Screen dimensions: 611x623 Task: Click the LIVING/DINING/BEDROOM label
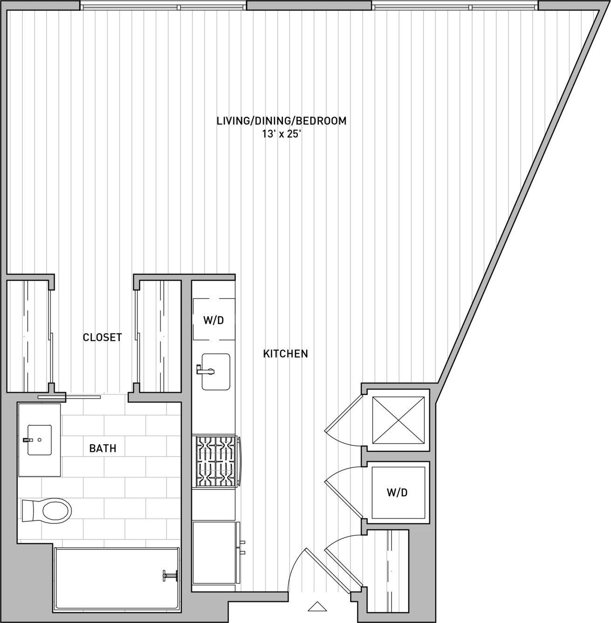click(281, 121)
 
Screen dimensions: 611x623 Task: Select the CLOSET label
click(103, 338)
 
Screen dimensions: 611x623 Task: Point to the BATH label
click(103, 449)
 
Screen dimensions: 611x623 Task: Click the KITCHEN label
click(285, 353)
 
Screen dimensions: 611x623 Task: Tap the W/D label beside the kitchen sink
click(213, 320)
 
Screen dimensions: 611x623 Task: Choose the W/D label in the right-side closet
click(397, 492)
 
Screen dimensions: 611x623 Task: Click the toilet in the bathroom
click(46, 511)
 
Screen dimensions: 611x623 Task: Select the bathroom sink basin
click(40, 440)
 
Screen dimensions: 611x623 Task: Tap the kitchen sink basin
click(216, 372)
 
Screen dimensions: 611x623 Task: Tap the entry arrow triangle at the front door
click(317, 607)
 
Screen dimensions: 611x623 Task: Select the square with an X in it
click(398, 420)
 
